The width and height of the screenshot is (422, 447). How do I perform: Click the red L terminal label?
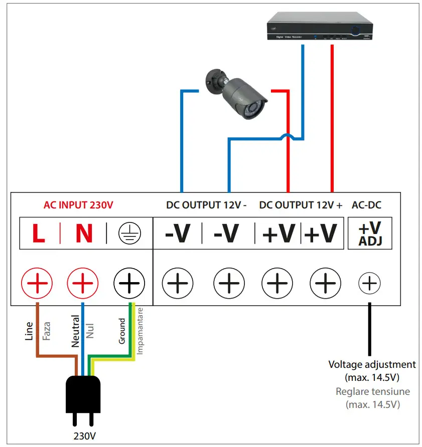click(39, 234)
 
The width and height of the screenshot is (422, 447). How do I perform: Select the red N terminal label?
click(84, 234)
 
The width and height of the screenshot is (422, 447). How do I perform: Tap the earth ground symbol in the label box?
click(130, 234)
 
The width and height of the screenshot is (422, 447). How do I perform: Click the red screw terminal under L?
click(36, 285)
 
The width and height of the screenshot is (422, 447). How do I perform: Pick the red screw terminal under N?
click(83, 285)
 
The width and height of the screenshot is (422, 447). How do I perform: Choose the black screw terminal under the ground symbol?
click(129, 285)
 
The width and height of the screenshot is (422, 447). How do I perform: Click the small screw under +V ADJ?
click(369, 285)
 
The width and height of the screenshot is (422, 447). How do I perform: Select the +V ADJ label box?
click(370, 234)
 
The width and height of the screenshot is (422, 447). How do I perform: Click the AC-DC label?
click(370, 205)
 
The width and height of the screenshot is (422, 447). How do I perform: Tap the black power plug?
click(83, 399)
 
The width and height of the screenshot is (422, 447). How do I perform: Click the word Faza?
click(47, 331)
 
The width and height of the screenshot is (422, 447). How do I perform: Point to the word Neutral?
click(75, 331)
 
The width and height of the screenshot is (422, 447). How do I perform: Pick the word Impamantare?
click(140, 331)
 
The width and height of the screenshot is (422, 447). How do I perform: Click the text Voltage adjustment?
click(372, 364)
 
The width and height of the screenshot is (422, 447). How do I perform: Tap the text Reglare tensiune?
click(372, 391)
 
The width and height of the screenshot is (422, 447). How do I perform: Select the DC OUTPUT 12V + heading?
click(301, 205)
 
